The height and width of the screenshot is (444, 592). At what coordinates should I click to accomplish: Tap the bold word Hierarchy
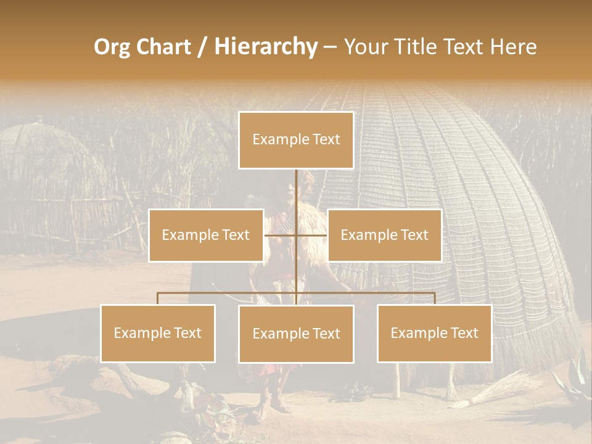coord(266,47)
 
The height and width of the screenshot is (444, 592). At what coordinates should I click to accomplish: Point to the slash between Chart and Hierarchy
coord(202,47)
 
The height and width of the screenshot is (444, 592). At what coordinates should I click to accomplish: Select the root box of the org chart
coord(296,140)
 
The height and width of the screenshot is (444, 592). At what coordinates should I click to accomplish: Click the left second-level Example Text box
coord(206,235)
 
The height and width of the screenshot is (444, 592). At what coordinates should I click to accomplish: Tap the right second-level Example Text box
coord(384,235)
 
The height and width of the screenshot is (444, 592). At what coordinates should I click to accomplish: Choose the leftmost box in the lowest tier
coord(158,334)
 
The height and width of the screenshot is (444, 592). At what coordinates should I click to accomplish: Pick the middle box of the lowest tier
coord(296,334)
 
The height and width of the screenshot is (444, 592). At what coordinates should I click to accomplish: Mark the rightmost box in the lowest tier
coord(434,334)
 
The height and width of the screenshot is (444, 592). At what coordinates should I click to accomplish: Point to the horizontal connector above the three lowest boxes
coord(228,293)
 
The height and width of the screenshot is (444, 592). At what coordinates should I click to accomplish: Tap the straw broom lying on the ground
coord(493,391)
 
